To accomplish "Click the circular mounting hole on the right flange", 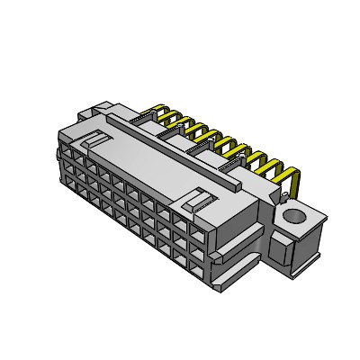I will pos(292,216).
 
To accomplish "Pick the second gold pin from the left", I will pos(177,121).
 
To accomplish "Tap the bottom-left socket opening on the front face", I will pos(67,184).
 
